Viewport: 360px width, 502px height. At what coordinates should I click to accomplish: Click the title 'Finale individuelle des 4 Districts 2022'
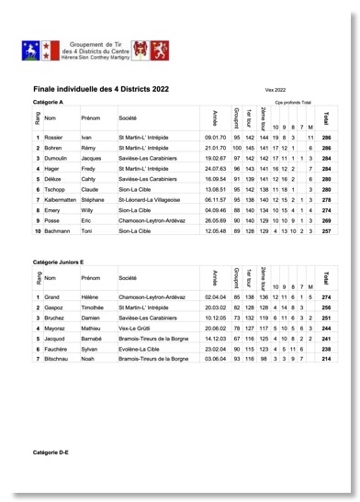(x=101, y=89)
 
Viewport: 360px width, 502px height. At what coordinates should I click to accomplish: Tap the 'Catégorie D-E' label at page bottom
(x=51, y=453)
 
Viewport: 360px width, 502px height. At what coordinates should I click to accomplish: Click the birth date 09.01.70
(x=216, y=137)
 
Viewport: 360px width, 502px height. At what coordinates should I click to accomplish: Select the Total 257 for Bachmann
(x=326, y=231)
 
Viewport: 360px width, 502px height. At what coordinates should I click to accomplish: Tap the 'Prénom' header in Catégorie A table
(x=91, y=118)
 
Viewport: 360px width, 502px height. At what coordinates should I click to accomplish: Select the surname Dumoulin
(x=58, y=158)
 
